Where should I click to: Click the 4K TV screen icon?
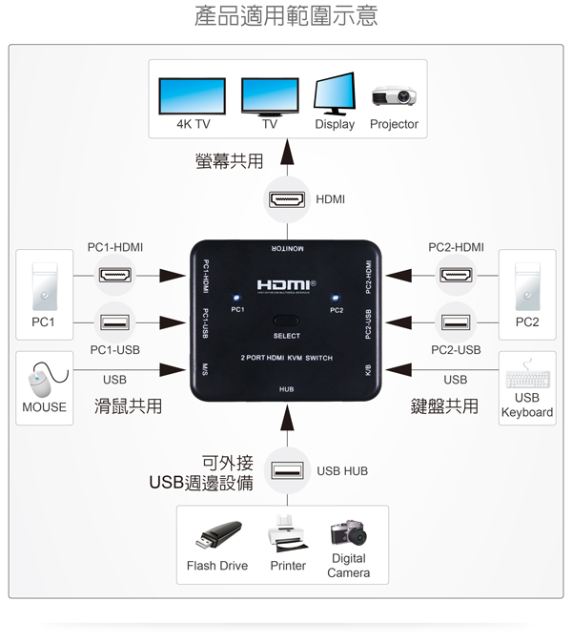pyautogui.click(x=193, y=96)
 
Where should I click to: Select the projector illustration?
pyautogui.click(x=394, y=96)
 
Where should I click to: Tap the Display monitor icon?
pyautogui.click(x=335, y=93)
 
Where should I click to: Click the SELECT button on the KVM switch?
pyautogui.click(x=286, y=321)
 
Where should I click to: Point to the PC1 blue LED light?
pyautogui.click(x=236, y=298)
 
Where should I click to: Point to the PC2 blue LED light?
pyautogui.click(x=336, y=298)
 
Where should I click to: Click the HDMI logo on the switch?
pyautogui.click(x=286, y=285)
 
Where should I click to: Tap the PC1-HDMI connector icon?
pyautogui.click(x=115, y=275)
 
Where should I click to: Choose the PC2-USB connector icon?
pyautogui.click(x=456, y=322)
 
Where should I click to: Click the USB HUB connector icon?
pyautogui.click(x=287, y=470)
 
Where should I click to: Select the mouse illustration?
pyautogui.click(x=47, y=380)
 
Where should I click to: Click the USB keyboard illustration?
pyautogui.click(x=528, y=374)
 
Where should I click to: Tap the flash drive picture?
pyautogui.click(x=218, y=535)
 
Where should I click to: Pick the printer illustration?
pyautogui.click(x=287, y=534)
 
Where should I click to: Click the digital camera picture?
pyautogui.click(x=349, y=532)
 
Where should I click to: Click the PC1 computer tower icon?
pyautogui.click(x=45, y=286)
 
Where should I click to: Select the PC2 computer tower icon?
pyautogui.click(x=527, y=286)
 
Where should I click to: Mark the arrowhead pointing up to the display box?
pyautogui.click(x=287, y=152)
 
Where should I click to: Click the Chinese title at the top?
pyautogui.click(x=286, y=15)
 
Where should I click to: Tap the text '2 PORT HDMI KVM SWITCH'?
pyautogui.click(x=286, y=358)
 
